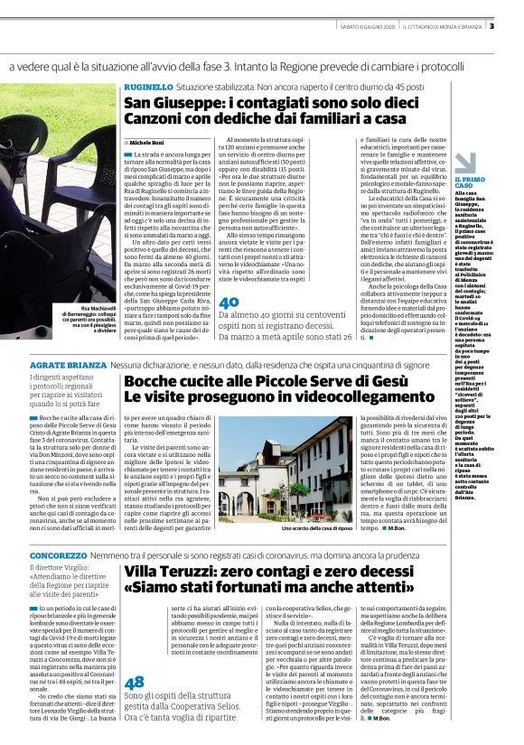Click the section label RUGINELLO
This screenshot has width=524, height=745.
tap(148, 86)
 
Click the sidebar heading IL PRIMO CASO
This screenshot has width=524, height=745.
tap(471, 183)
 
